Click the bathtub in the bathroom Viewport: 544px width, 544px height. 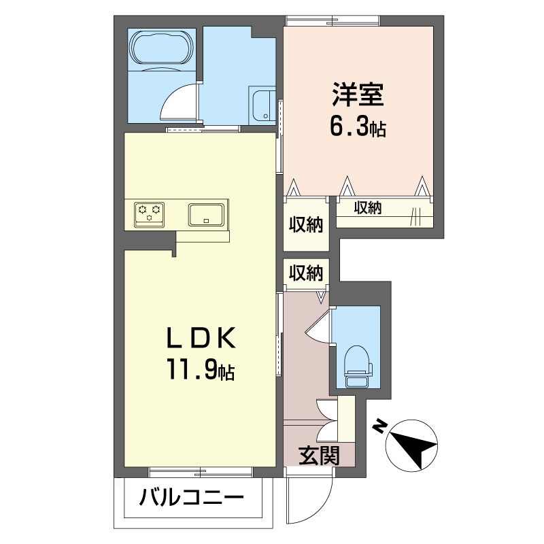[162, 48]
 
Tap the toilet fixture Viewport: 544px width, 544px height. [358, 367]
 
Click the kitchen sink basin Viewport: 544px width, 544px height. [206, 215]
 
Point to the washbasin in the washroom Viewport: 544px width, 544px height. [263, 105]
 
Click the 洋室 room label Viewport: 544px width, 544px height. [358, 95]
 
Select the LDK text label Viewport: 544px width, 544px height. [201, 338]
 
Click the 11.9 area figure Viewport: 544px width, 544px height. [192, 370]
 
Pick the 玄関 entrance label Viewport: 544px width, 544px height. [319, 455]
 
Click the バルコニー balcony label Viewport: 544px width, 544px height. [192, 498]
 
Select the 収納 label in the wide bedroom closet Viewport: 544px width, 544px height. [368, 207]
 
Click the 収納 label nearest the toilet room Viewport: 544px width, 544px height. [306, 273]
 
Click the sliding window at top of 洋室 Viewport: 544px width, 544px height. [332, 21]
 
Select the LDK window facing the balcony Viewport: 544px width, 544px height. [201, 472]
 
